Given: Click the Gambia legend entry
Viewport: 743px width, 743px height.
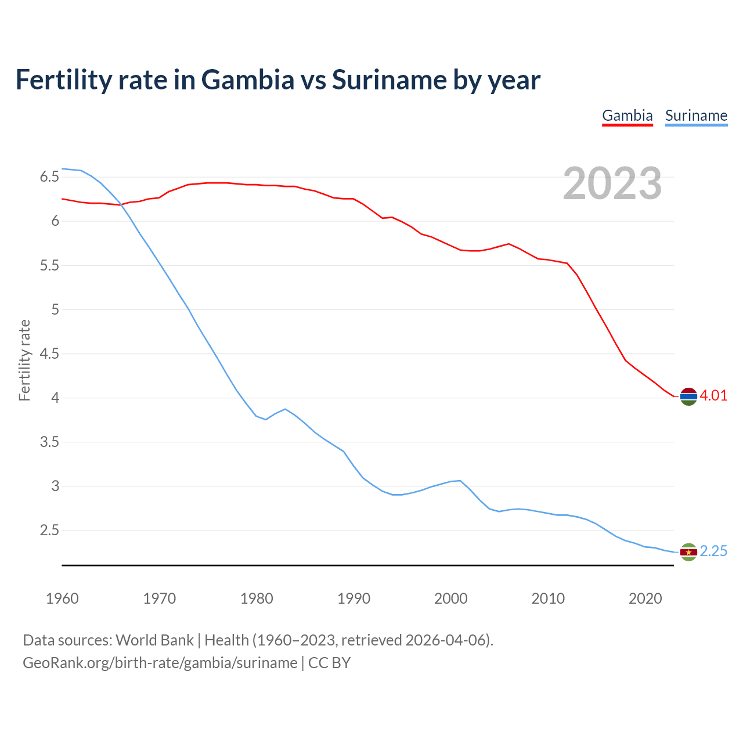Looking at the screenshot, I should click(x=627, y=116).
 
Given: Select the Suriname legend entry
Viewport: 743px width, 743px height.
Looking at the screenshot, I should click(x=696, y=116).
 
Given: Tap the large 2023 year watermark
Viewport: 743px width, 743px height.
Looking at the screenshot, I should click(x=612, y=183).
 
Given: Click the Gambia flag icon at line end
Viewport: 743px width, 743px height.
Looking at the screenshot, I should click(x=688, y=396).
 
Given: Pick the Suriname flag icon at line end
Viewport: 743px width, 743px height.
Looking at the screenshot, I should click(x=688, y=552).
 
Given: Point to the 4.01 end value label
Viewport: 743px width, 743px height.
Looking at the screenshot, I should click(x=713, y=396).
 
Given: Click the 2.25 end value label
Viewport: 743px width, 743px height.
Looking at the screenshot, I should click(x=713, y=551).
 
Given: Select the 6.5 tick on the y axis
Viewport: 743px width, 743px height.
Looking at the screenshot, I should click(x=49, y=177).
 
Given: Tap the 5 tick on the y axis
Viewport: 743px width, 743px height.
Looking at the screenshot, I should click(x=55, y=309).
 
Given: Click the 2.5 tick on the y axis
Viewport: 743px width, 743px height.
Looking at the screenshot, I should click(x=49, y=531).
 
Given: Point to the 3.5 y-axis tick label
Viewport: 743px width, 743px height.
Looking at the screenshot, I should click(x=49, y=442).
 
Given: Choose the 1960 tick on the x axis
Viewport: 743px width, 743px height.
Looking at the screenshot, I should click(x=62, y=598).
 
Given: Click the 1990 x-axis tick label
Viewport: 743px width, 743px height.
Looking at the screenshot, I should click(x=354, y=598).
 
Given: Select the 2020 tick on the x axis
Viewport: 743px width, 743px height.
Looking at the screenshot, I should click(x=645, y=598).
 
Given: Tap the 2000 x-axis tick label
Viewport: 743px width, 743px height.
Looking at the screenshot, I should click(x=450, y=598).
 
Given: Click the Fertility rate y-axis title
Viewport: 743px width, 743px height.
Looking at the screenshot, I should click(x=24, y=360).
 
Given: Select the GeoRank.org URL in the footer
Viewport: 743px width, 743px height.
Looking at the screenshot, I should click(x=160, y=663).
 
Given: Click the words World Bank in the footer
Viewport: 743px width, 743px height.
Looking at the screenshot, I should click(x=154, y=640).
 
